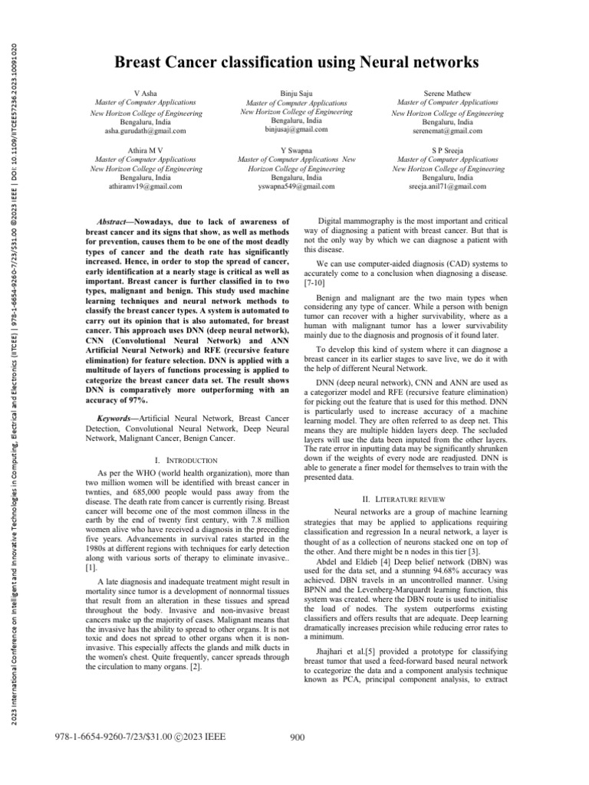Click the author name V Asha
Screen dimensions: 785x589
point(145,92)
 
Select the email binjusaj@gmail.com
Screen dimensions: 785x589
point(296,130)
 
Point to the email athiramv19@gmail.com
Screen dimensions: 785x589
point(145,186)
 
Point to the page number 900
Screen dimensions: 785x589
point(299,758)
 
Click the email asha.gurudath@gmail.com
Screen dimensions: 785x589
point(145,131)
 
